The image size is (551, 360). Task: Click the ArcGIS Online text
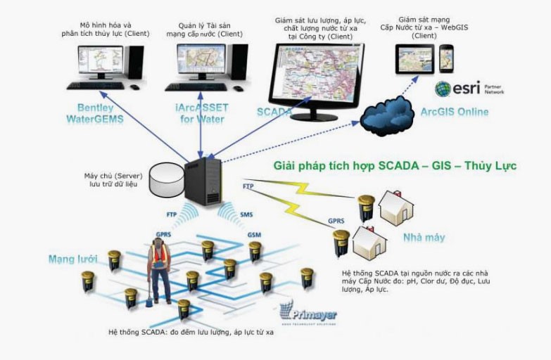454,112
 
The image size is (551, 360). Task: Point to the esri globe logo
443,89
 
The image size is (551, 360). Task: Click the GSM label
254,233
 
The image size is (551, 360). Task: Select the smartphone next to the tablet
446,58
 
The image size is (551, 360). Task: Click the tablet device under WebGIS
414,58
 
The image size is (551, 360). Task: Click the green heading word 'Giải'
286,167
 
